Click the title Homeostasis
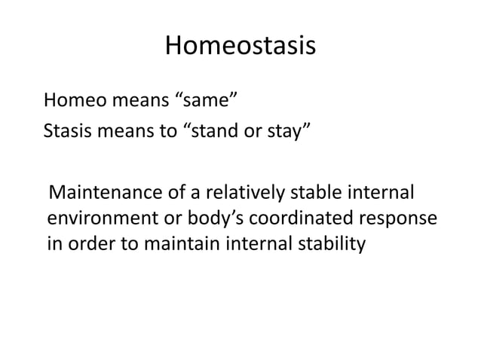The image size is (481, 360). [x=240, y=47]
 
